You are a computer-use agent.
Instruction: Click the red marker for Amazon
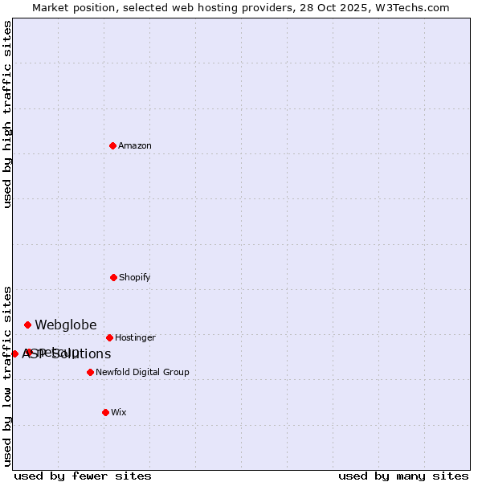click(x=113, y=145)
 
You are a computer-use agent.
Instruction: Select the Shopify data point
click(x=113, y=277)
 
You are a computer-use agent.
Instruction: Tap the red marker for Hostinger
click(x=109, y=337)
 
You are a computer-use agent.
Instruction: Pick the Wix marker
click(x=105, y=412)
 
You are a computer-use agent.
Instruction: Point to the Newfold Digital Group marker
click(x=90, y=372)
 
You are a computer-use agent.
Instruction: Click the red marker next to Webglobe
click(x=27, y=325)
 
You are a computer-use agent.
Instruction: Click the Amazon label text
click(x=135, y=145)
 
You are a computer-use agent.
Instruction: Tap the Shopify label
click(x=135, y=277)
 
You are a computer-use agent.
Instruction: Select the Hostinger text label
click(x=135, y=337)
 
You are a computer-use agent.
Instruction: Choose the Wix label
click(x=119, y=412)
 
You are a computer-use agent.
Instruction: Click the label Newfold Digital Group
click(x=142, y=372)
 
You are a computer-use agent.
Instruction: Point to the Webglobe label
click(x=65, y=325)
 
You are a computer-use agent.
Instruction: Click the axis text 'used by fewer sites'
click(x=83, y=476)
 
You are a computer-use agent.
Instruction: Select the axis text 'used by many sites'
click(x=403, y=476)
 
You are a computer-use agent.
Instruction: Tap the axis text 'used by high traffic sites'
click(x=7, y=114)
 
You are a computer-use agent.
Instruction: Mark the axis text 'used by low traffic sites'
click(x=7, y=376)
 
